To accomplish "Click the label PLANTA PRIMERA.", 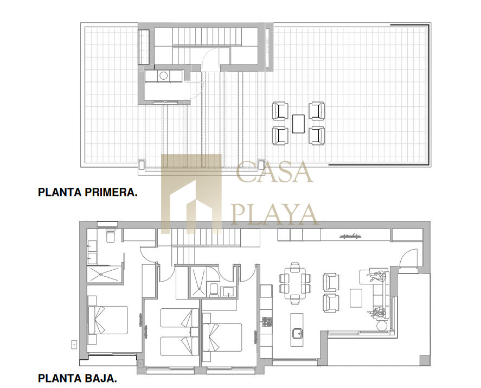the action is [88, 192].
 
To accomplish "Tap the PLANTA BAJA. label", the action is [78, 378].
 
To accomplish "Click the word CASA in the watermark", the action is [274, 172].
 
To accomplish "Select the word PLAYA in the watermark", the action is [274, 214].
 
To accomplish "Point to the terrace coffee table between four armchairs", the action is [298, 124].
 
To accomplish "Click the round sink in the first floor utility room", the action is [163, 75].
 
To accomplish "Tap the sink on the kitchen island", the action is [297, 333].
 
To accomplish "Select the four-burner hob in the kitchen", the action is [266, 321].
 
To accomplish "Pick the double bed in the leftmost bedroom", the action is [108, 320].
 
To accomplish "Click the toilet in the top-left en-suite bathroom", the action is [111, 235].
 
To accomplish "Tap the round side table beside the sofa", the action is [382, 326].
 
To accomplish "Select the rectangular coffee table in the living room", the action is [356, 298].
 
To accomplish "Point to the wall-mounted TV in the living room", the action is [350, 237].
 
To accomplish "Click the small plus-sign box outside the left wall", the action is [74, 345].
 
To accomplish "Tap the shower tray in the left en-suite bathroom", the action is [104, 275].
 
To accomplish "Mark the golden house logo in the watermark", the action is [191, 194].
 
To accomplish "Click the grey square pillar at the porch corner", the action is [425, 360].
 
